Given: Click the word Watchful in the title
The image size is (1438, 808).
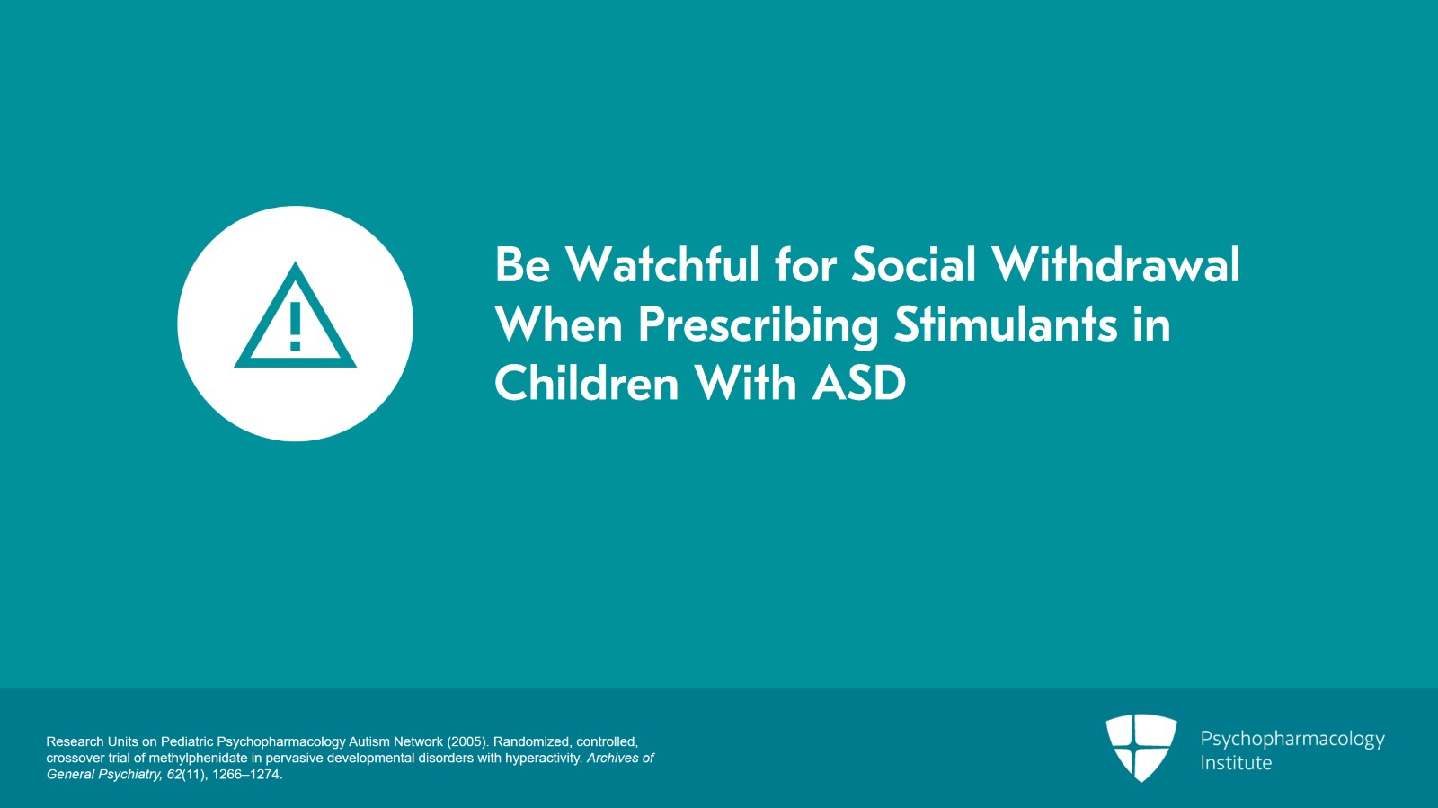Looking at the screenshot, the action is click(x=662, y=264).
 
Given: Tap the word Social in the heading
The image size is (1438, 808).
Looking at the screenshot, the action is click(x=913, y=264).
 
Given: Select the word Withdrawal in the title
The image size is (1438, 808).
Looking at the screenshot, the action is click(x=1115, y=264).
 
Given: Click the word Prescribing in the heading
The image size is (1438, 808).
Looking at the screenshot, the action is click(x=759, y=325).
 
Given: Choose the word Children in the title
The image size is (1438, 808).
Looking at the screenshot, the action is click(x=586, y=383).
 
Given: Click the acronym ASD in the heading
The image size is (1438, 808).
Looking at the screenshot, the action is click(x=859, y=383).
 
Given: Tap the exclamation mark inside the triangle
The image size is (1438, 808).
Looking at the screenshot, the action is click(x=296, y=326).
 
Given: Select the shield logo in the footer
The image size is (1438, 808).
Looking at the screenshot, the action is click(x=1141, y=748).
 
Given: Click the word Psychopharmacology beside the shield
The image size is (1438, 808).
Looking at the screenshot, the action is click(x=1292, y=740).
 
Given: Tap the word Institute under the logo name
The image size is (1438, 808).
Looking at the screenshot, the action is click(x=1236, y=763).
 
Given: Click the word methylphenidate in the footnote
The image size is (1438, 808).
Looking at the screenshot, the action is click(x=199, y=758).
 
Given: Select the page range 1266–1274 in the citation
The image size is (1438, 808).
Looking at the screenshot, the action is click(x=246, y=775).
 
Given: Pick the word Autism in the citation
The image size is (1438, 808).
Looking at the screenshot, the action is click(x=368, y=741).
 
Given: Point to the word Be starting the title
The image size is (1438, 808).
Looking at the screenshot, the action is click(x=522, y=264).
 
